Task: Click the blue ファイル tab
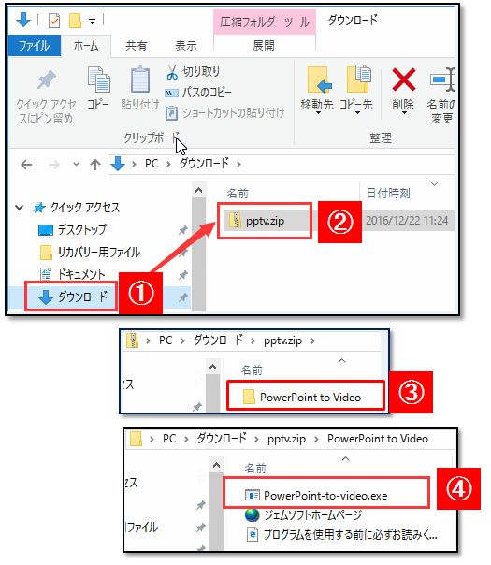tap(35, 46)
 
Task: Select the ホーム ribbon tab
tap(86, 46)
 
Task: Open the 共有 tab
tap(137, 46)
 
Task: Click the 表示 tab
tap(186, 46)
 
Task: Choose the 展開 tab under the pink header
tap(264, 46)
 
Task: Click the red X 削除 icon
tap(403, 80)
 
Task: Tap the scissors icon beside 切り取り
tap(172, 72)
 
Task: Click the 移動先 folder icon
tap(318, 80)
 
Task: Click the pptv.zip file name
tap(265, 221)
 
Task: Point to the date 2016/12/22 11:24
tap(407, 220)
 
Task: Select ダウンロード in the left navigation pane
tap(82, 297)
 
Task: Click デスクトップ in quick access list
tap(82, 229)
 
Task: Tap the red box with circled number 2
tap(339, 222)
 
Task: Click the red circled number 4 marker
tap(458, 489)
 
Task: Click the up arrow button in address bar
tap(95, 165)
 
